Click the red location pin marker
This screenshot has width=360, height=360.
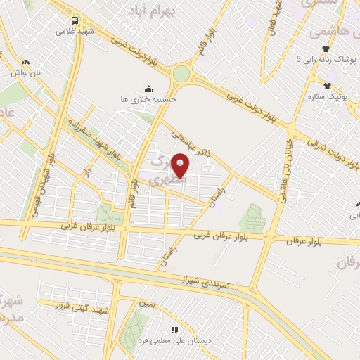(x=181, y=165)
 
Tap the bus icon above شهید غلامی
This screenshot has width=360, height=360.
(x=75, y=20)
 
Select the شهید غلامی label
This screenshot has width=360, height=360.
(x=75, y=32)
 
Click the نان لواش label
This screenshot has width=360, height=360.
(x=26, y=72)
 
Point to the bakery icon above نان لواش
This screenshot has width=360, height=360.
(x=26, y=62)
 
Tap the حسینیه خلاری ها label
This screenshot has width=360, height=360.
(x=148, y=100)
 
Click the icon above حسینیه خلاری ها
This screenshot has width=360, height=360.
(x=148, y=89)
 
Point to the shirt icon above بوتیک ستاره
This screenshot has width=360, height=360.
(x=328, y=86)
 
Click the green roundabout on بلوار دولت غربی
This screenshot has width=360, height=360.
(x=181, y=73)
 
